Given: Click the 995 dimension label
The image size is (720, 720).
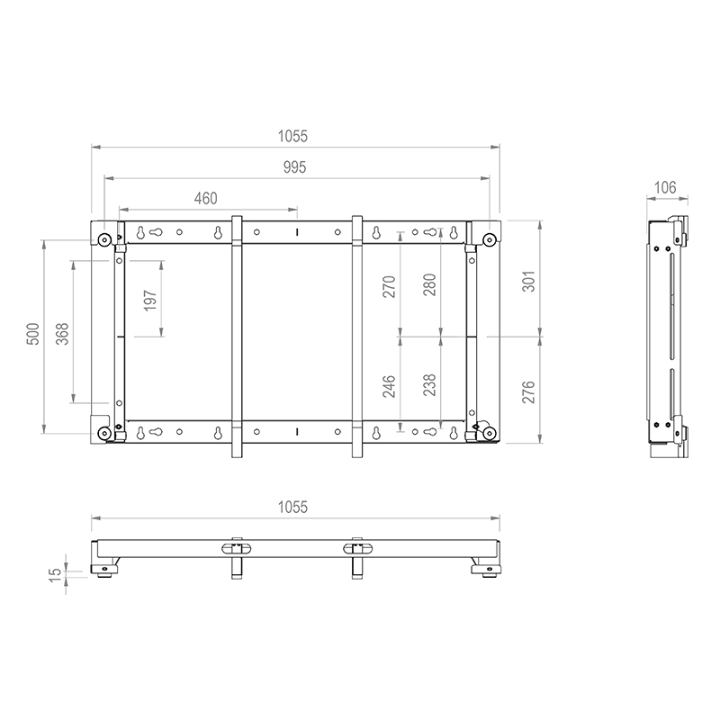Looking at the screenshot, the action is (294, 167).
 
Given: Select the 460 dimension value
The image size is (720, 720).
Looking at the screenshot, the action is (206, 198).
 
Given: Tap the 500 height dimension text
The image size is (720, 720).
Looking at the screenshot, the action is (33, 334).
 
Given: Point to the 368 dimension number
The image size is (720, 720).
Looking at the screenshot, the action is (62, 334).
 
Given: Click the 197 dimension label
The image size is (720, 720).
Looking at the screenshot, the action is (150, 301).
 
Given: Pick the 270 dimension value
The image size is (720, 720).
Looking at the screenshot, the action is (389, 286).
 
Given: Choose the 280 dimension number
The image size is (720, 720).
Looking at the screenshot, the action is (429, 284).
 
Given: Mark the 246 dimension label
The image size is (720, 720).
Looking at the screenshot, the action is (389, 386).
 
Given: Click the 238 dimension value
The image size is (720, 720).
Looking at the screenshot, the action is (429, 385).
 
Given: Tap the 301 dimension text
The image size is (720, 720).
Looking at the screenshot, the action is (528, 282).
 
